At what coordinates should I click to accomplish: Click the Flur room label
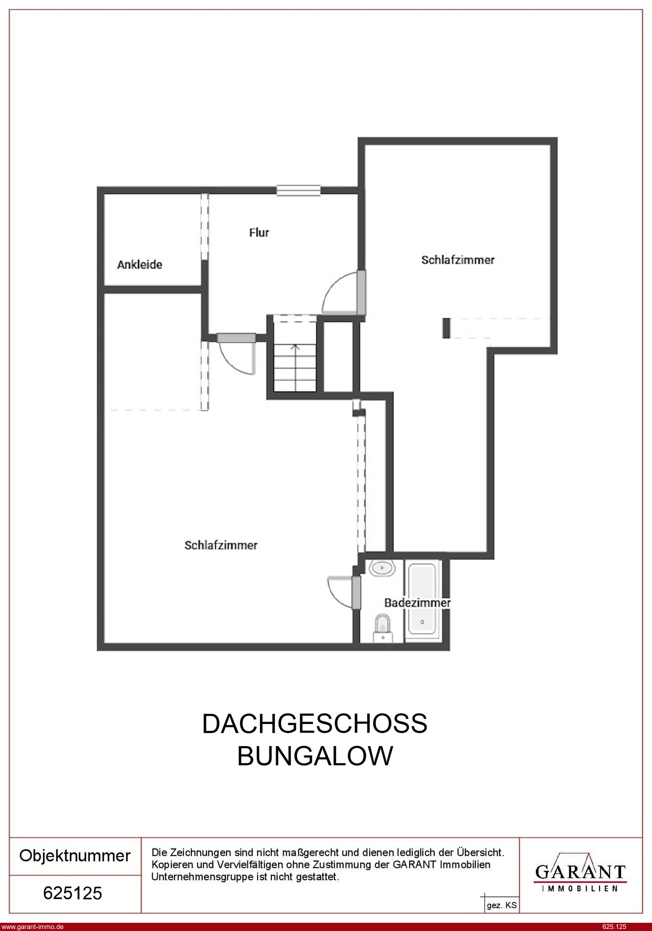[x=259, y=232]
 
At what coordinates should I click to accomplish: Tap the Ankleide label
[x=139, y=264]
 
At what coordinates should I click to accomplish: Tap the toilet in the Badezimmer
[x=383, y=628]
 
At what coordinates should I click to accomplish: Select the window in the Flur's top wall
[x=298, y=190]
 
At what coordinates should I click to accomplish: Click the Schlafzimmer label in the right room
[x=458, y=260]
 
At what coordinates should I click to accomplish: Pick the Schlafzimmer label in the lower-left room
[x=221, y=545]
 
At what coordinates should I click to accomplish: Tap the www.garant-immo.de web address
[x=32, y=926]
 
